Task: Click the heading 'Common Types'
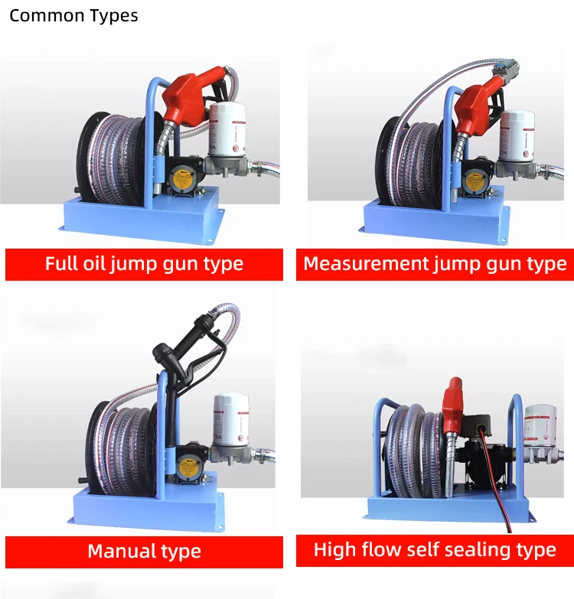(73, 15)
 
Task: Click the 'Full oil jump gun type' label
(144, 264)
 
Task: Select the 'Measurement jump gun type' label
(435, 264)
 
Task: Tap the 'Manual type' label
(144, 551)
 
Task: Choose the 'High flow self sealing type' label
(435, 549)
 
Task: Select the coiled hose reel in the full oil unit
(115, 157)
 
